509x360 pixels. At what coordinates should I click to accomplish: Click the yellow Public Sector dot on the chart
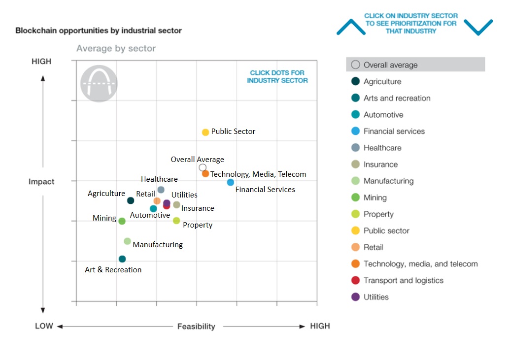coord(205,132)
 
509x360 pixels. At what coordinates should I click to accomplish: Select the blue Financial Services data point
coord(231,182)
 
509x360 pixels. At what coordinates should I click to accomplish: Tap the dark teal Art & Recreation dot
coord(122,259)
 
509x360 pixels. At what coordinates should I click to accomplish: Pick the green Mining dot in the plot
coord(122,221)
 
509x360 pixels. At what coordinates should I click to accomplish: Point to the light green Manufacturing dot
coord(127,241)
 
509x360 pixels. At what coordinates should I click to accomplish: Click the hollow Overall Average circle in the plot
coord(203,167)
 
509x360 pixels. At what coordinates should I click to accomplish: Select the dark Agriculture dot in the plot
coord(131,200)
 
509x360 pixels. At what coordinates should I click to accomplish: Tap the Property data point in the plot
coord(176,221)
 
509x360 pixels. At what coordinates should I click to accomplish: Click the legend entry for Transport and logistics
coord(403,280)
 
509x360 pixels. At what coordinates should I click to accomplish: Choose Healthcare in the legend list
coord(382,148)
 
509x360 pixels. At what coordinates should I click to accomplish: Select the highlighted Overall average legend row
coord(415,65)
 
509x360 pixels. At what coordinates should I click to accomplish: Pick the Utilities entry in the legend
coord(375,297)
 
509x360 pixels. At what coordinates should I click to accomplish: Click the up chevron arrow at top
coord(351,27)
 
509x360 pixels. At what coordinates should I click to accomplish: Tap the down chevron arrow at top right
coord(478,27)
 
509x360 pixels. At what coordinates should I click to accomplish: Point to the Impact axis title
coord(41,182)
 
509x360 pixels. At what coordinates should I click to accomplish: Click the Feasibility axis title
coord(196,327)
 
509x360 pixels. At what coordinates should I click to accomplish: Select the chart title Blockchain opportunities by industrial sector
coord(99,31)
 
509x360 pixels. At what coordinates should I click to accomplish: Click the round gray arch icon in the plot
coord(99,83)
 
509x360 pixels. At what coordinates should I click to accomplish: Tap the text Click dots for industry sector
coord(277,76)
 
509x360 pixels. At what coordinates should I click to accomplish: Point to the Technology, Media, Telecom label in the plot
coord(258,174)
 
